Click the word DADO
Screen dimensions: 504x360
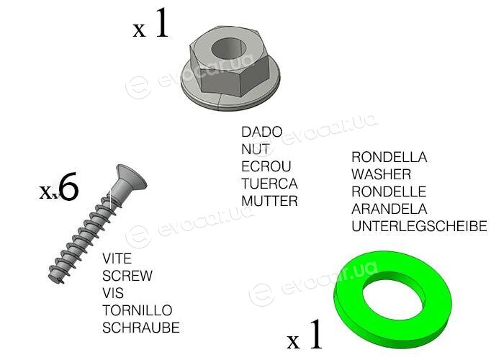tap(261, 132)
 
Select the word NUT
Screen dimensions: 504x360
tap(256, 149)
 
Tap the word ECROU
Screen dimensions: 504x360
tap(266, 166)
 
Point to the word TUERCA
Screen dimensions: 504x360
tap(269, 184)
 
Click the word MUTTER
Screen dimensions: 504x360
tap(269, 201)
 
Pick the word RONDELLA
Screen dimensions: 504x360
tap(390, 157)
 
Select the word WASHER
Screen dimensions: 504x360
tap(381, 174)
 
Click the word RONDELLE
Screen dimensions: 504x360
tap(389, 192)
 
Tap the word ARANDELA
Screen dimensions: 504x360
tap(390, 210)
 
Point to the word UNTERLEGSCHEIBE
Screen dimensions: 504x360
tap(419, 226)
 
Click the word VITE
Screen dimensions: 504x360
tap(117, 258)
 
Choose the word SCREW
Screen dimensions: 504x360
tap(127, 276)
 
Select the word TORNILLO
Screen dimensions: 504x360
tap(138, 311)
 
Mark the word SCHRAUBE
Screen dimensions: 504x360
tap(141, 328)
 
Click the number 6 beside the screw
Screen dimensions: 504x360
tap(69, 186)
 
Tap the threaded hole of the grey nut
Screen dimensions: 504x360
tap(228, 49)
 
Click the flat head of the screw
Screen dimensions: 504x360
tap(131, 177)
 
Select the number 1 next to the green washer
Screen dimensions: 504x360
tap(315, 334)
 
